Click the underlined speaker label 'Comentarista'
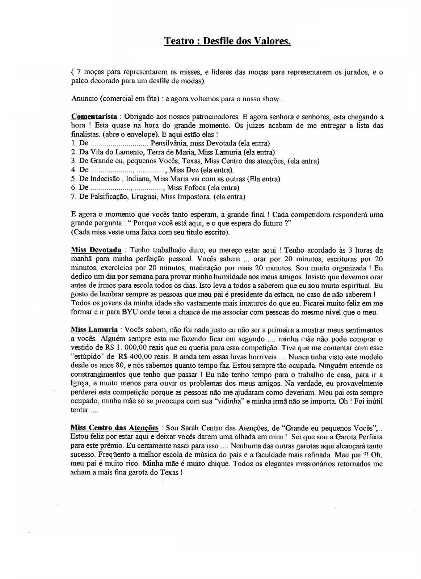pos(94,117)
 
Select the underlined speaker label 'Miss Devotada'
pos(96,250)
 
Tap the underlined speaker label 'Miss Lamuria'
pos(94,330)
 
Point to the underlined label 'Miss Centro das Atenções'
pos(114,428)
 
